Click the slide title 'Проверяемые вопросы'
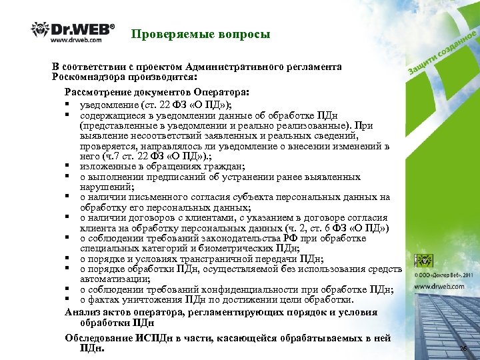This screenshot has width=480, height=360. pyautogui.click(x=201, y=34)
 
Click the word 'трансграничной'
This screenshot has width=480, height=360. pyautogui.click(x=194, y=259)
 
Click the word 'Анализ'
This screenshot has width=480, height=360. pyautogui.click(x=83, y=313)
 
